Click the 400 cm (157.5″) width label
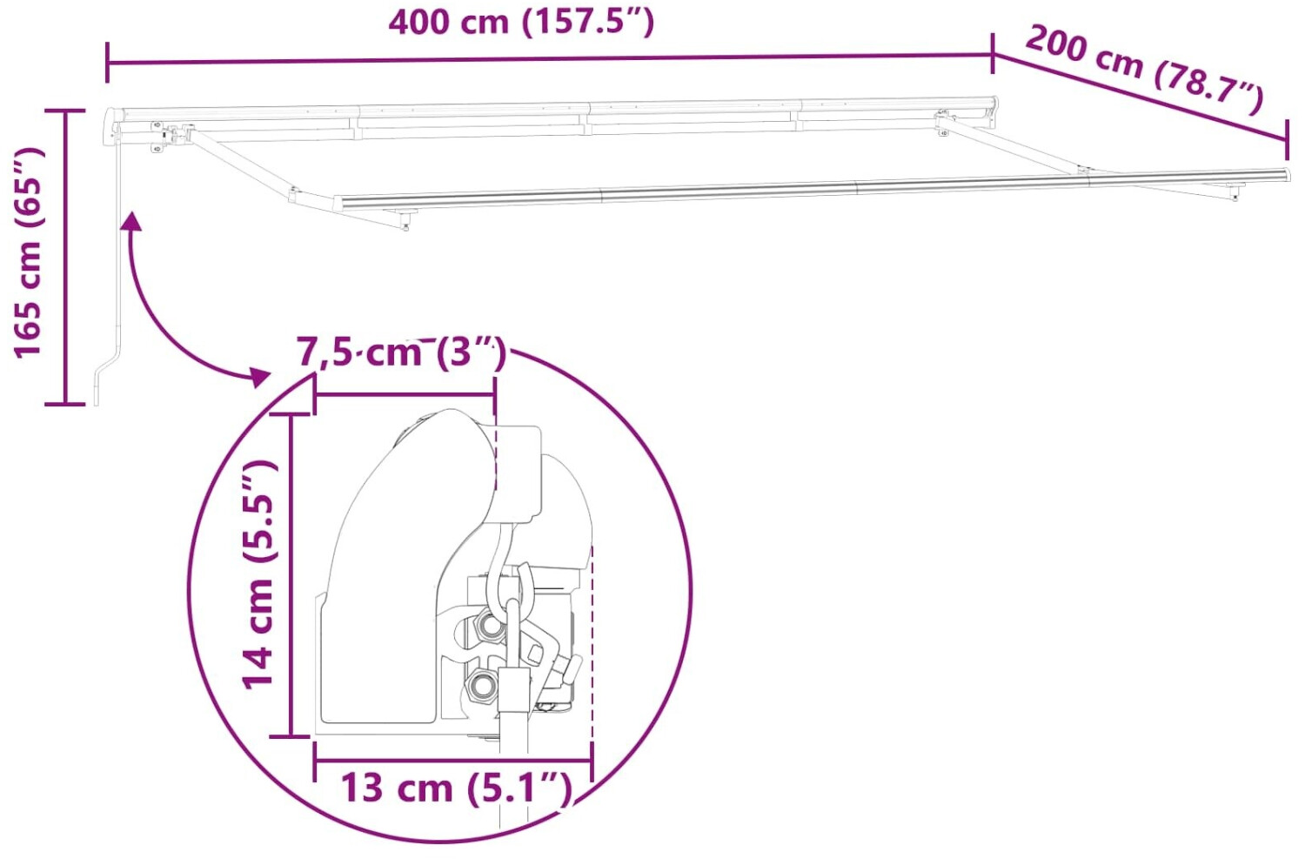click(521, 22)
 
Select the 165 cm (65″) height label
click(29, 252)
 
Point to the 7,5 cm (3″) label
click(401, 352)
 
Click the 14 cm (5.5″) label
click(258, 574)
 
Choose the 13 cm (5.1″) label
click(456, 788)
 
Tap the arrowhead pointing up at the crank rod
click(131, 220)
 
